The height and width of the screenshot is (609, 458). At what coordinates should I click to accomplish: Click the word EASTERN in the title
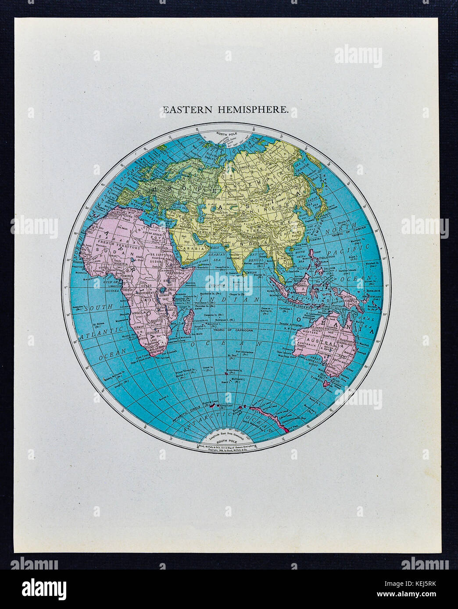[x=185, y=110]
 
